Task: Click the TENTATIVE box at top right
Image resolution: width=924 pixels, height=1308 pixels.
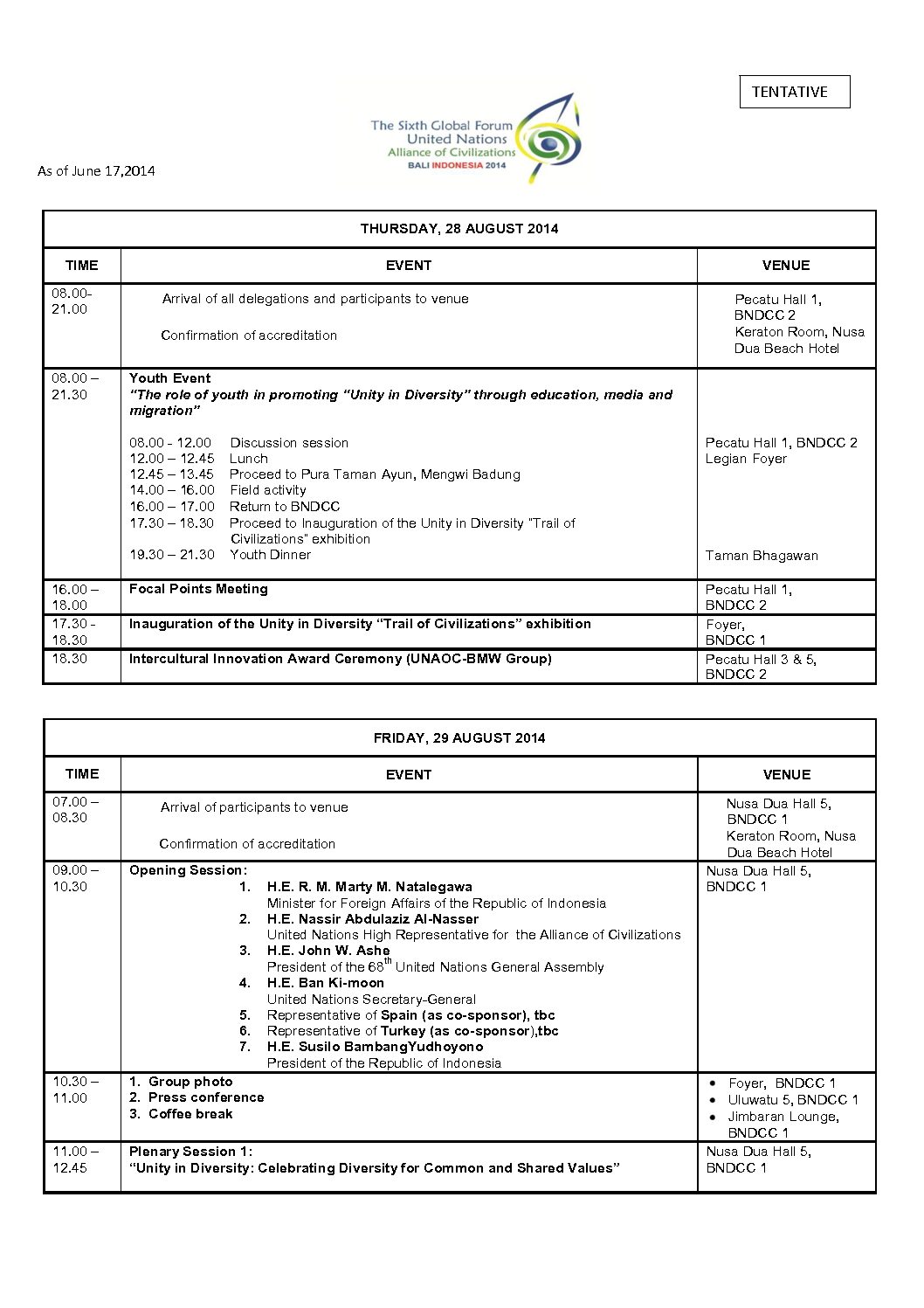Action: click(x=794, y=92)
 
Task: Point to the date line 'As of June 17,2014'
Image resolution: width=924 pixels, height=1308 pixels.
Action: click(x=96, y=171)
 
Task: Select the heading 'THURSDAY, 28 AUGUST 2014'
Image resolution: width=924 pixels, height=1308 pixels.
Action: click(x=459, y=229)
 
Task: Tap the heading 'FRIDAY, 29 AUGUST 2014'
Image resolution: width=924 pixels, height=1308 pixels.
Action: click(x=459, y=738)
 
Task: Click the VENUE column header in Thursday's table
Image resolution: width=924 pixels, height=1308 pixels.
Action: click(x=786, y=266)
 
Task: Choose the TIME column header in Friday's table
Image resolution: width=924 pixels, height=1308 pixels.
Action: click(x=82, y=774)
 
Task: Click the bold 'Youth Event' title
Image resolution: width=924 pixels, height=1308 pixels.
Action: click(x=170, y=378)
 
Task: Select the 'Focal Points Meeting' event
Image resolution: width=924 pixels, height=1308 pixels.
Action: click(x=198, y=589)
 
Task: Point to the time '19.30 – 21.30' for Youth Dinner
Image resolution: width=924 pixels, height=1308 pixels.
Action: click(x=172, y=555)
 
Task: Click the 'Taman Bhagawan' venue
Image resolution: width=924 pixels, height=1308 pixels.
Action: click(x=762, y=556)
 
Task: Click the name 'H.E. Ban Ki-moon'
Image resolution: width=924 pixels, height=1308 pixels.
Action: click(x=326, y=983)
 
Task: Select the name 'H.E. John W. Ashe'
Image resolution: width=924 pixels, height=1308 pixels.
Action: click(x=328, y=951)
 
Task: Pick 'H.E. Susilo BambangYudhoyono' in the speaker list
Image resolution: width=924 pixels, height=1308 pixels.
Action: click(x=375, y=1047)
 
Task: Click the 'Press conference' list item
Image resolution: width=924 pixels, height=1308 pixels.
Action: click(x=206, y=1097)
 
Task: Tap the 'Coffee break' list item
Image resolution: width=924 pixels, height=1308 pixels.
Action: click(x=190, y=1114)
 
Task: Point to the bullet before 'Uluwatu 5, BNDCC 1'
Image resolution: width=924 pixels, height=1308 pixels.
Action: click(x=713, y=1100)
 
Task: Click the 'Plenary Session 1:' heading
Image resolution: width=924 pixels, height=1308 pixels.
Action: click(x=190, y=1152)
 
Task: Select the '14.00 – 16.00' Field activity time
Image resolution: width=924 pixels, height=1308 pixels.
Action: click(x=172, y=490)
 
